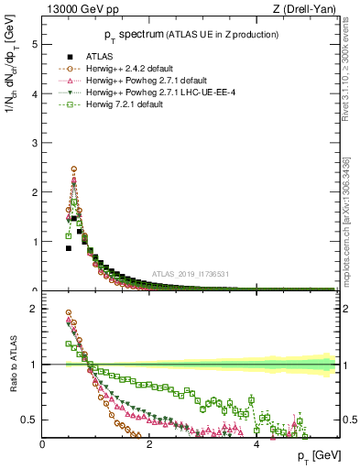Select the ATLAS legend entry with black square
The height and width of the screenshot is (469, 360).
103,57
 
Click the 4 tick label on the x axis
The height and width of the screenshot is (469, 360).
256,444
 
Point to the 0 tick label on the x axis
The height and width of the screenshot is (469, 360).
43,444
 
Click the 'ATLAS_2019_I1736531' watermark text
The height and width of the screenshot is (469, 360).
191,274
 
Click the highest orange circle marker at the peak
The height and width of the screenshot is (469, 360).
73,169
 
